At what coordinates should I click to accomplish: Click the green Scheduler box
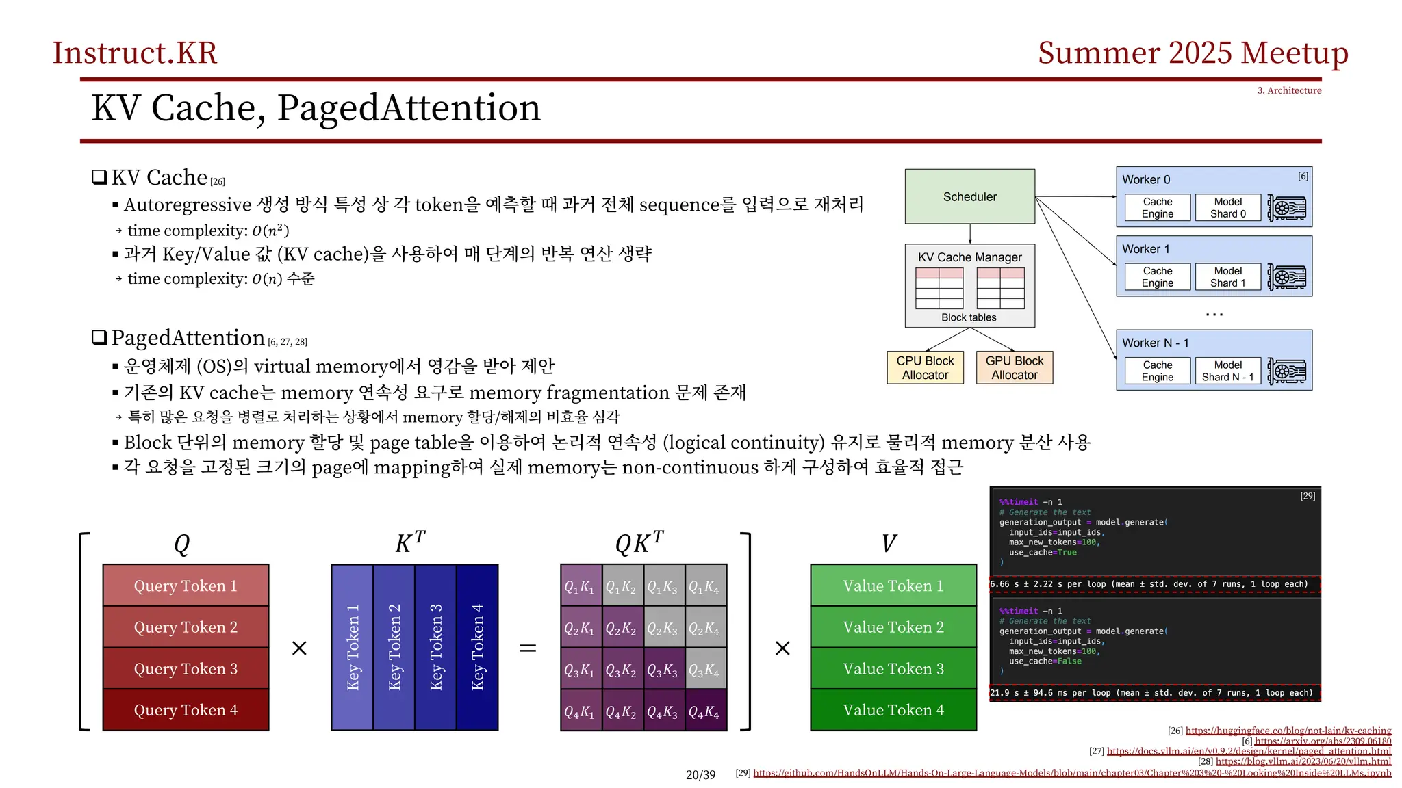(969, 196)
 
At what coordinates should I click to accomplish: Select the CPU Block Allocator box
(925, 367)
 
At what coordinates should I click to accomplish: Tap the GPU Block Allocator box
(1014, 367)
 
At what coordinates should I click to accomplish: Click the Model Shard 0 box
(1227, 207)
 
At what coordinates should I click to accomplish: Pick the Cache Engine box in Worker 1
(1157, 276)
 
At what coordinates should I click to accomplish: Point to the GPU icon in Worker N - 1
(1286, 371)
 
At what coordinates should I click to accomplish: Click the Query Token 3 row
(186, 668)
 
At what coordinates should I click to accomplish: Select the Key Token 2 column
(394, 647)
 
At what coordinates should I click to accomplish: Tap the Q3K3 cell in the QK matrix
(662, 670)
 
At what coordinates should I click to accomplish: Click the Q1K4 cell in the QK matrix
(704, 586)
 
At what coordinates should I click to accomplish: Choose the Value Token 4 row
(893, 710)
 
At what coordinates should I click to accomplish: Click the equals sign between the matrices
(527, 648)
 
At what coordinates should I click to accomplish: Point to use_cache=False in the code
(1045, 661)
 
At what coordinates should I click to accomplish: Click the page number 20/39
(700, 774)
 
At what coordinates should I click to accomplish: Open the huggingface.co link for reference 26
(1288, 731)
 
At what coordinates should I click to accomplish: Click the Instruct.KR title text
(135, 53)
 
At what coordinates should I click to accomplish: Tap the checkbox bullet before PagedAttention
(100, 337)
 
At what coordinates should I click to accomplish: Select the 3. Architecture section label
(1288, 90)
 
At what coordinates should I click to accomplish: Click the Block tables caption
(968, 317)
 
